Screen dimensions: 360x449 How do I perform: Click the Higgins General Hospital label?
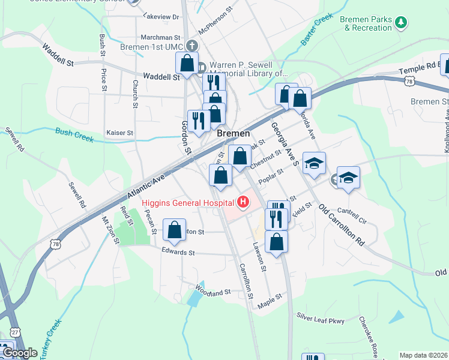[188, 202]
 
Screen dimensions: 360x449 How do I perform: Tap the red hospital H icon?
[243, 202]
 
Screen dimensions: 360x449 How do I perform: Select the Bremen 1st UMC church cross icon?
[192, 46]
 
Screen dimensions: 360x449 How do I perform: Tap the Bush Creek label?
[75, 134]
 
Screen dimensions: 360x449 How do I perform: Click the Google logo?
[19, 353]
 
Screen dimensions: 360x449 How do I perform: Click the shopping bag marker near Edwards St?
[174, 231]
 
